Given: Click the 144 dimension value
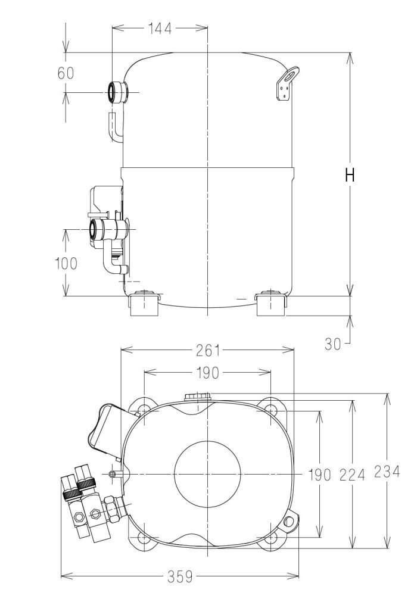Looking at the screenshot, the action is tap(160, 28).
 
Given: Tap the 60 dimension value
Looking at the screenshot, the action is tap(66, 73).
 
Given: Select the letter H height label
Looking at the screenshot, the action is tap(350, 175).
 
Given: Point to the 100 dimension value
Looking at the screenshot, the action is tap(67, 263).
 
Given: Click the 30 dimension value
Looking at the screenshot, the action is tap(332, 344).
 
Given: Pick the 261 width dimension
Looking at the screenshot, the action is tap(208, 350).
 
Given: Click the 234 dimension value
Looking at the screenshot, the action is tap(387, 472).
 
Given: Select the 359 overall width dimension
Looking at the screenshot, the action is tap(180, 576).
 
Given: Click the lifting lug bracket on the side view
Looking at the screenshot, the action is tap(287, 84).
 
